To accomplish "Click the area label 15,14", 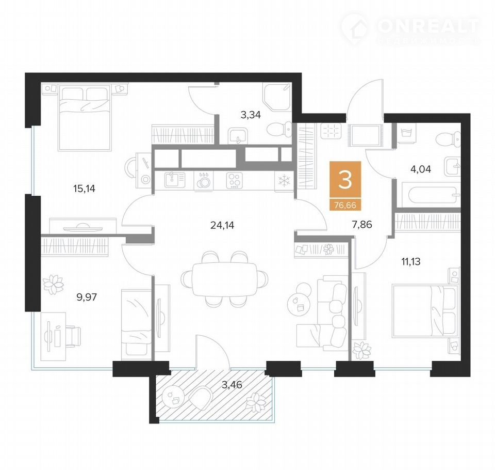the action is coord(84,189).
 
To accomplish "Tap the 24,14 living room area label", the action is coord(222,225).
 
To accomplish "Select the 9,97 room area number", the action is coord(87,297).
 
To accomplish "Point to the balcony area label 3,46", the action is coord(232,385).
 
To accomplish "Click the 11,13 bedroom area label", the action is coord(411,261).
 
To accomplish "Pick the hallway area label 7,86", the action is coord(362,225).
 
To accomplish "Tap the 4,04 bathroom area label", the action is coord(421,169).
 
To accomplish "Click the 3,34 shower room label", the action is coord(251,115).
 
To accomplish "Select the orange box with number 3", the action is coord(345,185).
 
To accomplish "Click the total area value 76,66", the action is coord(345,205).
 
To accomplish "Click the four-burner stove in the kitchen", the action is coord(234,181).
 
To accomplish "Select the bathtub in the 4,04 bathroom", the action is coord(432,195).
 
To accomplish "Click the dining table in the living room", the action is coord(224,279).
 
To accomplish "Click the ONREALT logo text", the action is coord(428,26).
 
